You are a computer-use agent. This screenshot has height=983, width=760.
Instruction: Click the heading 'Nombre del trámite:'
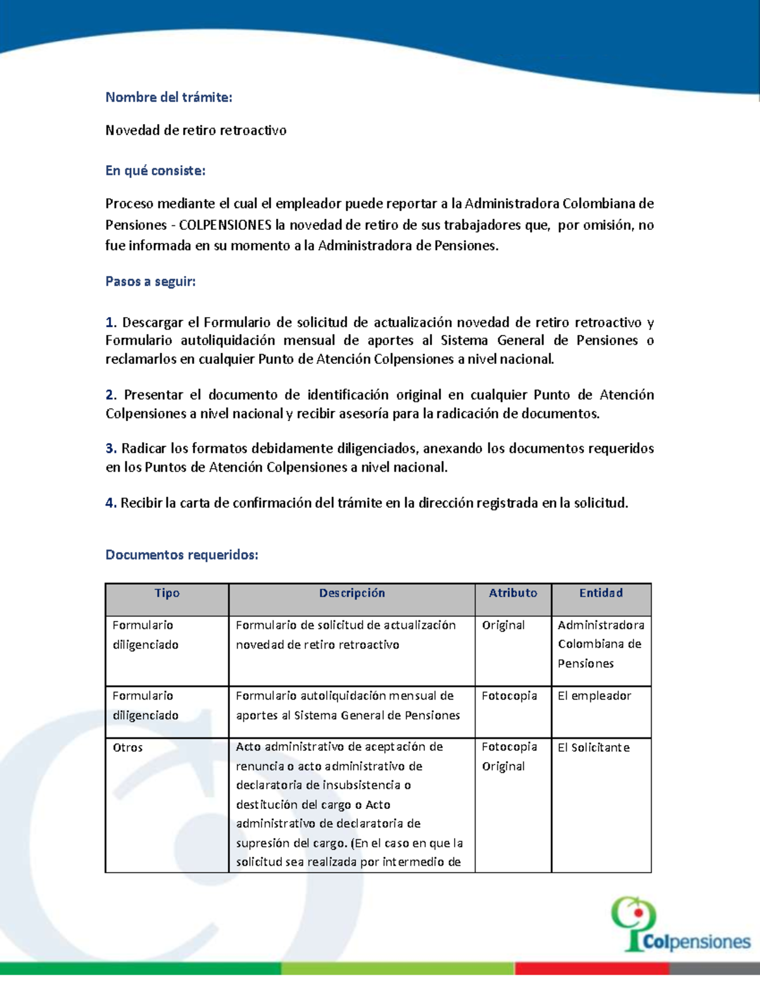pos(168,97)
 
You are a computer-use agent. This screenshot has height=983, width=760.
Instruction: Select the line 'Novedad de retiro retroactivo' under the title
pos(196,130)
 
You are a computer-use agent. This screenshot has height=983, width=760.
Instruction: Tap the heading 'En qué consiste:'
pos(155,170)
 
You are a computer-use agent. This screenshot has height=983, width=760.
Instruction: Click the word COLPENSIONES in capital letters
pos(225,225)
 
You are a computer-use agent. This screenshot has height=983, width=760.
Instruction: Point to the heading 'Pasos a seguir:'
pos(150,281)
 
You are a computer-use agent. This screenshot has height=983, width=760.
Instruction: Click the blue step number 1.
pos(110,322)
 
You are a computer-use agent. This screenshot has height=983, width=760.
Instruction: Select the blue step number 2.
pos(111,395)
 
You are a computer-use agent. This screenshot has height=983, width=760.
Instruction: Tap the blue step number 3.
pos(111,448)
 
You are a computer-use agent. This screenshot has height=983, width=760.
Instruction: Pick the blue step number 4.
pos(111,503)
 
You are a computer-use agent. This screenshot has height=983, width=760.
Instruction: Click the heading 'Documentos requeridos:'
pos(182,554)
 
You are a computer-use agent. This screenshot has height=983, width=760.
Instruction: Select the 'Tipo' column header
pos(167,593)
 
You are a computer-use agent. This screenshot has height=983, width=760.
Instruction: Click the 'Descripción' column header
pos(351,593)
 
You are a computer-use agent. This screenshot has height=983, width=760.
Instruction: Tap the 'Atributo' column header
pos(512,593)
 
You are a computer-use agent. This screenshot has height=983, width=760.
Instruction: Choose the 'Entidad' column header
pos(600,593)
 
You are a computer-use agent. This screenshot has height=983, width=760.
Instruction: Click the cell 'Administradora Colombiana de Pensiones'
pos(600,644)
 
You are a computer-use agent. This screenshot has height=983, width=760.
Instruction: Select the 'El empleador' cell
pos(594,696)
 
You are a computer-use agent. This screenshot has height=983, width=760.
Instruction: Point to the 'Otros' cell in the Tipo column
pos(127,748)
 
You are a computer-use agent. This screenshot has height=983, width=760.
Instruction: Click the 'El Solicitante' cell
pos(593,748)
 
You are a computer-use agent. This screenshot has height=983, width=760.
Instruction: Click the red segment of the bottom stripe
pos(592,968)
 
